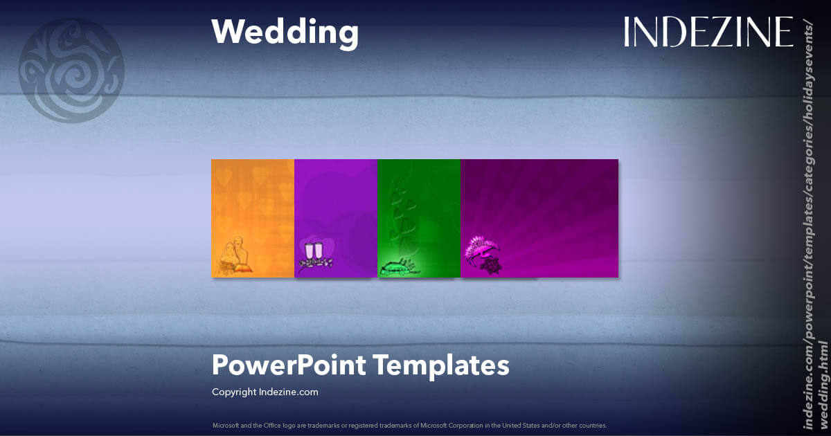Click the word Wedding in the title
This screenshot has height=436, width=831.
285,32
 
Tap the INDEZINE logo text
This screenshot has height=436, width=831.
708,33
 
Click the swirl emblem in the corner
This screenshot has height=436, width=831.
71,71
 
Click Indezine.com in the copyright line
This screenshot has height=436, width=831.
289,392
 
